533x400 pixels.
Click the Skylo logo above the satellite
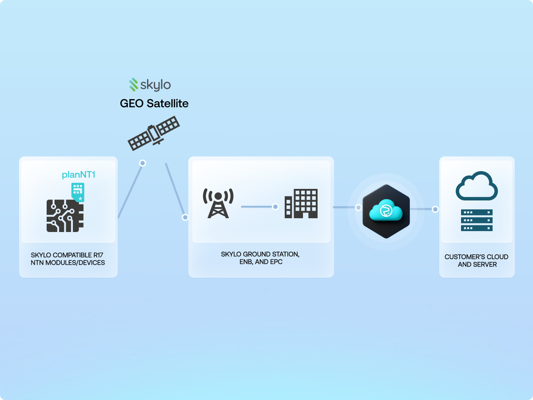click(150, 84)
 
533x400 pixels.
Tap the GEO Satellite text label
click(154, 104)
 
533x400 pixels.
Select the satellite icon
click(154, 132)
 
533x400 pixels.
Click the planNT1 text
click(79, 175)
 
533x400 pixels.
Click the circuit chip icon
click(65, 216)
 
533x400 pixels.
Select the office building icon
click(302, 204)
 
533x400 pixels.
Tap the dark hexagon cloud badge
click(386, 211)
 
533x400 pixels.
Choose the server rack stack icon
click(477, 220)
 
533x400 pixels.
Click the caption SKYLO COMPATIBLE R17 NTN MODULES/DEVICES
click(68, 259)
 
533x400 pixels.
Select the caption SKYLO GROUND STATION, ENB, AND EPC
click(260, 258)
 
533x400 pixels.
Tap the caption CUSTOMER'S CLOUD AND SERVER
click(477, 261)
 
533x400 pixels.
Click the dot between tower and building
click(275, 207)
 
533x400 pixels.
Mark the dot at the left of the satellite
click(143, 163)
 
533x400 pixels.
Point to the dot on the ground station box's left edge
click(185, 217)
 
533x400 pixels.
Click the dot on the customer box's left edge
click(435, 209)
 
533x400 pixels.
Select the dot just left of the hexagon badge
click(358, 207)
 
